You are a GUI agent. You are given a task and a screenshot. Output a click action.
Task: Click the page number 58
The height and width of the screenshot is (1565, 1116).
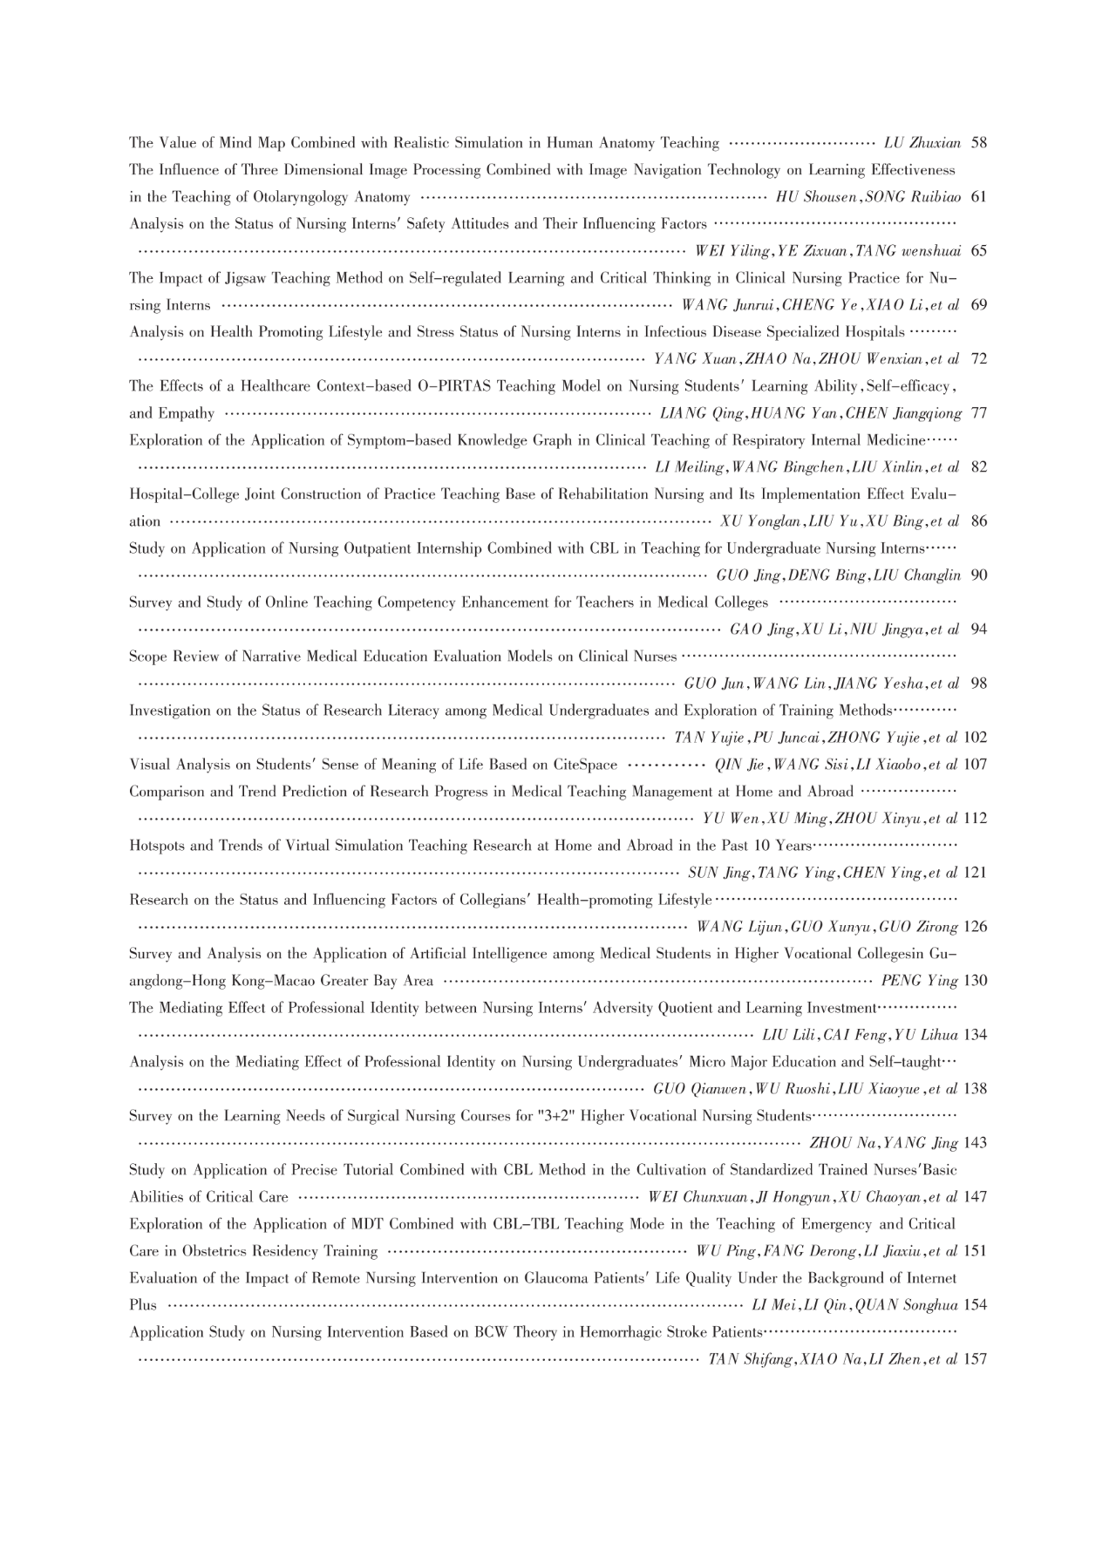tap(978, 143)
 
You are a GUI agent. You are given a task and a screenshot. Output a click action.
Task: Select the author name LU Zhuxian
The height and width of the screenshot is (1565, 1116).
tap(922, 143)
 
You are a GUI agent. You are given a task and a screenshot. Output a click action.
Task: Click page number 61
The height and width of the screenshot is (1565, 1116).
tap(978, 197)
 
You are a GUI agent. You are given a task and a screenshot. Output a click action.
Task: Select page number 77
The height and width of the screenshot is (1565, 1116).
tap(978, 413)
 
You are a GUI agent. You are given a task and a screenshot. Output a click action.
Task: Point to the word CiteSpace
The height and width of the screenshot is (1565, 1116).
tap(585, 765)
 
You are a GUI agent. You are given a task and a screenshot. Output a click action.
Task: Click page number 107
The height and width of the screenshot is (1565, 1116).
tap(976, 765)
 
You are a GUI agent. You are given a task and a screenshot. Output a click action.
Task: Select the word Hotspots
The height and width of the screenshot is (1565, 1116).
tap(158, 846)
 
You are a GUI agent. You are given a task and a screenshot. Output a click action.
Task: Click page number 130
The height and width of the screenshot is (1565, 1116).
tap(976, 981)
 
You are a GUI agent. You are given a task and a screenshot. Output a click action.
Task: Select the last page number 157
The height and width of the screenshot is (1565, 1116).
tap(976, 1359)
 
